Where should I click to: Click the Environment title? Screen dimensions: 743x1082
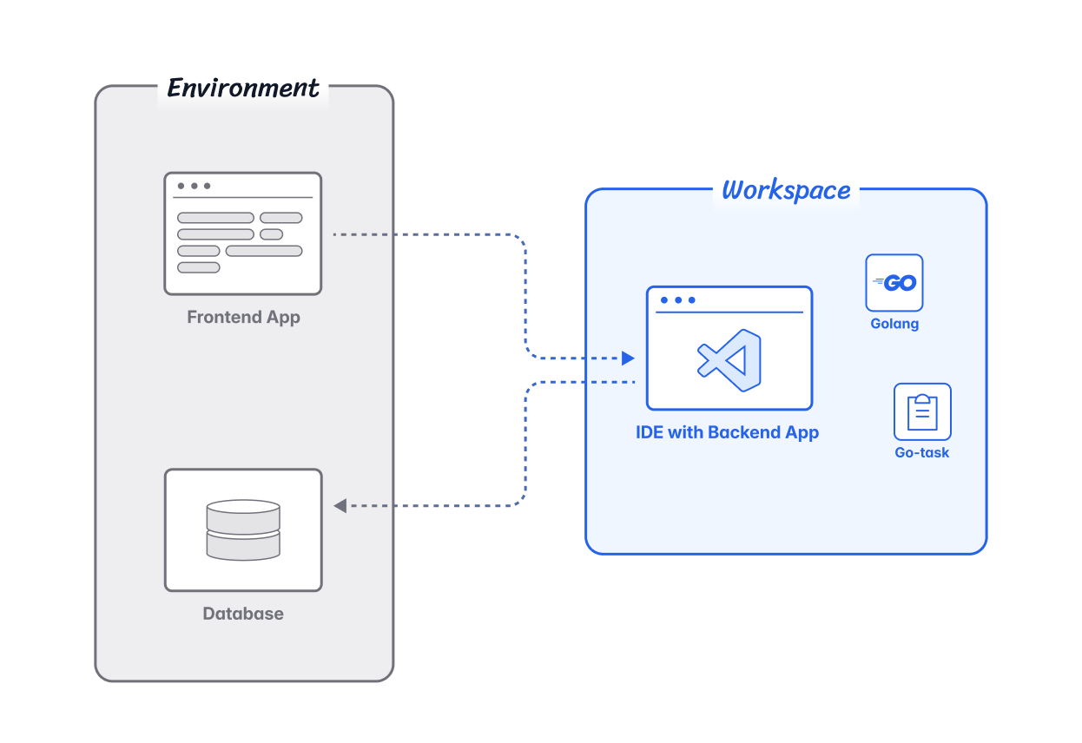pyautogui.click(x=243, y=89)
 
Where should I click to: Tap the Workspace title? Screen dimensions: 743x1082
pyautogui.click(x=786, y=190)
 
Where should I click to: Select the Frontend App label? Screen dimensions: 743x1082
pyautogui.click(x=243, y=317)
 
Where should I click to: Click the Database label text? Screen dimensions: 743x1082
pyautogui.click(x=243, y=614)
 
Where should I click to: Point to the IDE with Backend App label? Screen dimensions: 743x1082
pyautogui.click(x=728, y=432)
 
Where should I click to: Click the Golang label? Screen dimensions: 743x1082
pyautogui.click(x=894, y=324)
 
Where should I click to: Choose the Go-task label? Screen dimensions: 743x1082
pyautogui.click(x=922, y=452)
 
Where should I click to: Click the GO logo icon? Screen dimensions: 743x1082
pyautogui.click(x=894, y=282)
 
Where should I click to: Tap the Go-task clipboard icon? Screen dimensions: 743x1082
pyautogui.click(x=922, y=411)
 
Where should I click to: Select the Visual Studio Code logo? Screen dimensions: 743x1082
pyautogui.click(x=729, y=359)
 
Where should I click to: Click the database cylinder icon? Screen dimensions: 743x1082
pyautogui.click(x=243, y=529)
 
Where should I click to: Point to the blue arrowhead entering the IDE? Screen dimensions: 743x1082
pyautogui.click(x=629, y=358)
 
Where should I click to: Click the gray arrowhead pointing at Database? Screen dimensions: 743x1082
pyautogui.click(x=340, y=505)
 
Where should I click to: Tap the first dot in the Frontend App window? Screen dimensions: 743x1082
pyautogui.click(x=181, y=186)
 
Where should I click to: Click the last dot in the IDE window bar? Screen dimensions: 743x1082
pyautogui.click(x=691, y=300)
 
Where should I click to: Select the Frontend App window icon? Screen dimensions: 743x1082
pyautogui.click(x=243, y=233)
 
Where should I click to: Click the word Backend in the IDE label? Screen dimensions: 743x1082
pyautogui.click(x=745, y=432)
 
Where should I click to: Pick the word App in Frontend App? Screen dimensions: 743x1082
pyautogui.click(x=284, y=317)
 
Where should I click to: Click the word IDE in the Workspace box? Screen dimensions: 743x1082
pyautogui.click(x=650, y=432)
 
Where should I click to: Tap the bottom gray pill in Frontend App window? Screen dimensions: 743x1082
pyautogui.click(x=199, y=267)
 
